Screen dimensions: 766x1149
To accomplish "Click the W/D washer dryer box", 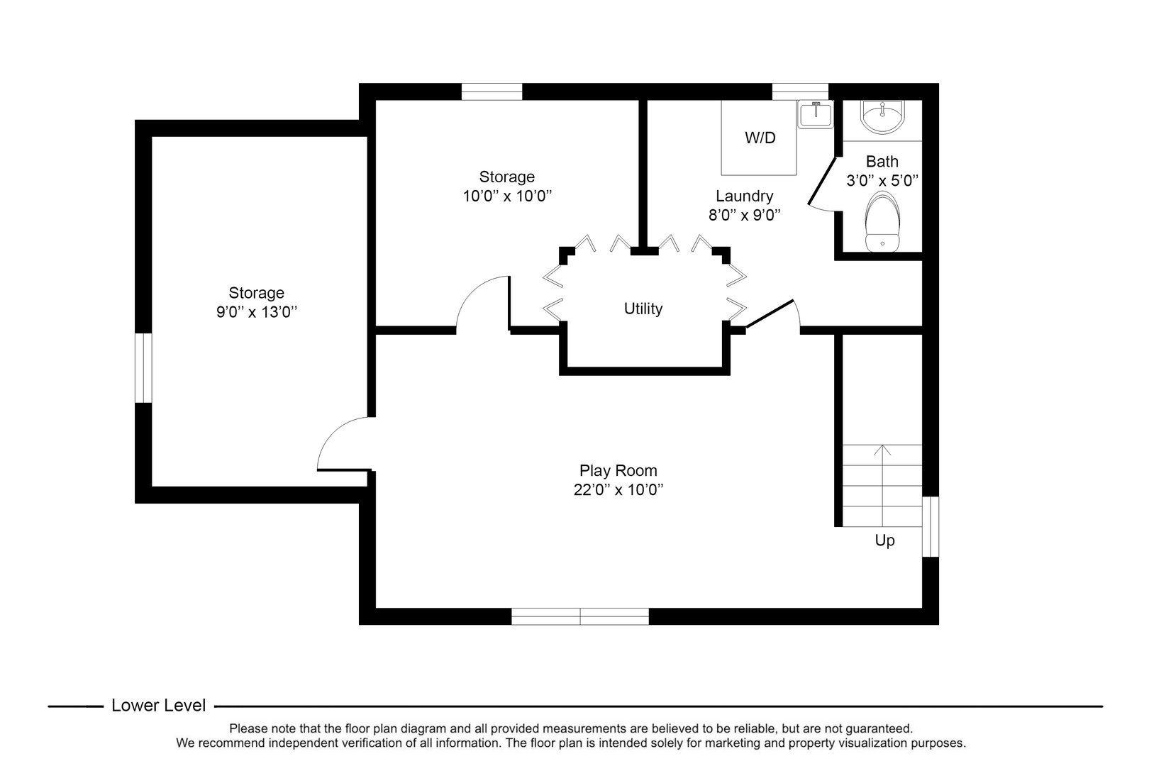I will [x=760, y=138].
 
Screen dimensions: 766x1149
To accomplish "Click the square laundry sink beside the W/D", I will [x=816, y=114].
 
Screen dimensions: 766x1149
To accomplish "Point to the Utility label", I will [x=643, y=309].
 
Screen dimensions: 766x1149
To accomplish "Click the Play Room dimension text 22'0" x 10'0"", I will [x=618, y=489].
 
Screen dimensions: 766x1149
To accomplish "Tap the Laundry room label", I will [x=744, y=196].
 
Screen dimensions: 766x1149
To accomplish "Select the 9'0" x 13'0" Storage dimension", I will [x=256, y=311].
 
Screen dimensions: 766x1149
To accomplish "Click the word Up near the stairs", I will [x=884, y=540].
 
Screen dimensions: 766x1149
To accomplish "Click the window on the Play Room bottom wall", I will [x=580, y=616].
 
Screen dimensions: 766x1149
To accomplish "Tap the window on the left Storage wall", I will [x=143, y=368].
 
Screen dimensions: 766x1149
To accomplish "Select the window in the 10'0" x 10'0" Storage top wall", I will [x=492, y=91].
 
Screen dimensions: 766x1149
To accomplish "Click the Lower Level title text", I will [x=159, y=706].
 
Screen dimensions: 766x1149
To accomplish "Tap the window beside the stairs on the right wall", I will [x=931, y=526].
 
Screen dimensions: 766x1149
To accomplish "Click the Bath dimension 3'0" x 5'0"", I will [x=882, y=181].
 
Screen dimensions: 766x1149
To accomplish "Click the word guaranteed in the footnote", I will [x=879, y=728].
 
